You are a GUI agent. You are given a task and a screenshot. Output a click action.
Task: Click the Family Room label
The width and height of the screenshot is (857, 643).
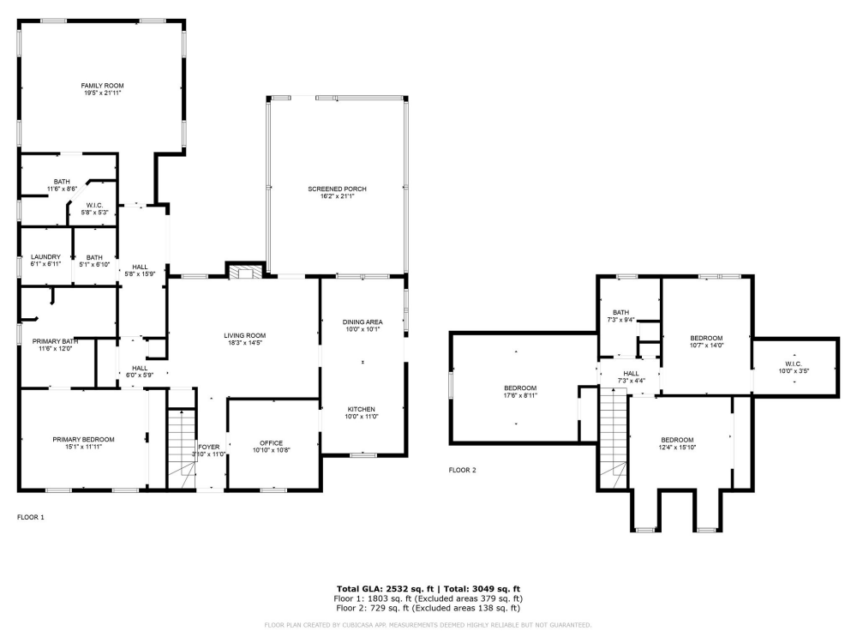(103, 86)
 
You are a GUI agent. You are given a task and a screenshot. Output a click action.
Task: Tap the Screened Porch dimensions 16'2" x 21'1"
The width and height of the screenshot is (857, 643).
(337, 196)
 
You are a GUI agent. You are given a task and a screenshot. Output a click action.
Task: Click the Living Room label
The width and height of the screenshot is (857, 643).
(245, 335)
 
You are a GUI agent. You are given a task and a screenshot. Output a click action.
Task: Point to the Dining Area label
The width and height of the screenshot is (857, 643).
(363, 321)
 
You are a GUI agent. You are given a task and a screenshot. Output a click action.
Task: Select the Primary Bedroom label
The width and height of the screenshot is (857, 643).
(83, 439)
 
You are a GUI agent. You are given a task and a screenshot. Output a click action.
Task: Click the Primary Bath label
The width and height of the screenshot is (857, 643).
(57, 340)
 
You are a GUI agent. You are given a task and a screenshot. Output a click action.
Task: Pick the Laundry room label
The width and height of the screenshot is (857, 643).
(45, 257)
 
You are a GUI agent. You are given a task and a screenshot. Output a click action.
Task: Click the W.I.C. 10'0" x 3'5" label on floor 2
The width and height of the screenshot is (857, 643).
(793, 364)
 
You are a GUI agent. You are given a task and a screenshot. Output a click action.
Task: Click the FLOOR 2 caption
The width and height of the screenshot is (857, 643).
(462, 470)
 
